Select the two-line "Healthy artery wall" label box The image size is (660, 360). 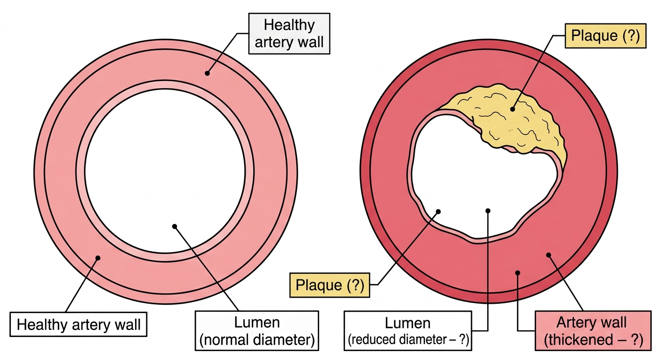(289, 33)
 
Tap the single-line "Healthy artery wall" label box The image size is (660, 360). (78, 324)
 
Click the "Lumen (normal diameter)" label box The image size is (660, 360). (257, 330)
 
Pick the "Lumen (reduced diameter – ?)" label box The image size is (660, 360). (408, 330)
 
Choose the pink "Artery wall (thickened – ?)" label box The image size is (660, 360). (593, 330)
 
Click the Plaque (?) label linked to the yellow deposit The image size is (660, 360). (606, 36)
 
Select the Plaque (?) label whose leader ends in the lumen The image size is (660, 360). (330, 285)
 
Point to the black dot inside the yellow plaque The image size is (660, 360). (512, 109)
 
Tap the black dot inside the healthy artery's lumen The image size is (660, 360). (174, 226)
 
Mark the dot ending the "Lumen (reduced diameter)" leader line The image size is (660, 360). (488, 210)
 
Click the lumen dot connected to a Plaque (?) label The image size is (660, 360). (438, 211)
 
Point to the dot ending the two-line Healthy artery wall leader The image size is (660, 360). (207, 73)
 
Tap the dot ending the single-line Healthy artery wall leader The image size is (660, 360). (98, 258)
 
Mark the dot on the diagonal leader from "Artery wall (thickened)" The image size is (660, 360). (548, 255)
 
